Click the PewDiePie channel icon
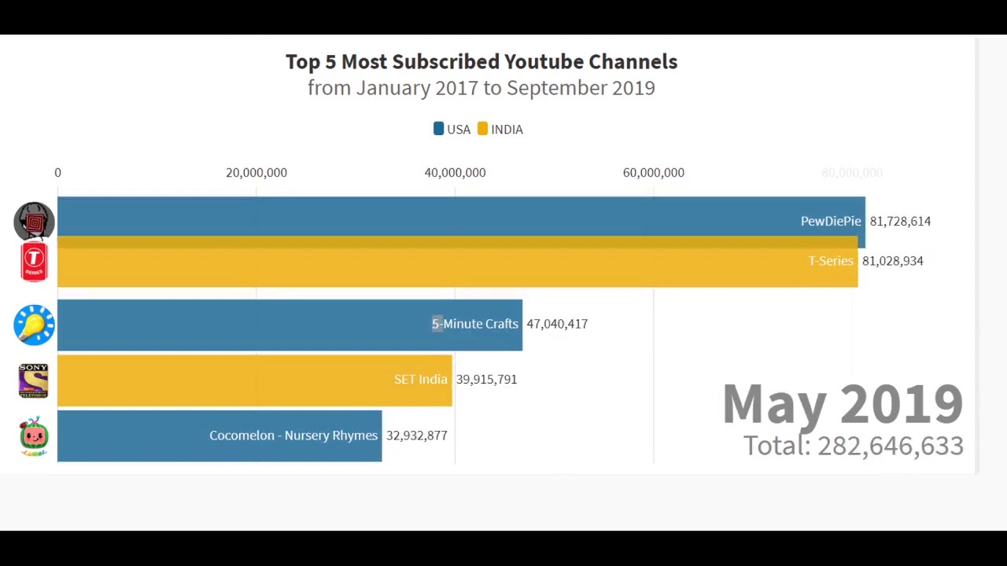[x=34, y=221]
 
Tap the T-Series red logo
[x=34, y=262]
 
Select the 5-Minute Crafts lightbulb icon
[x=34, y=325]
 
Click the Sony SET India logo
[x=34, y=380]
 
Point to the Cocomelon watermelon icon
[x=34, y=436]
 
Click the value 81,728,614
[x=900, y=222]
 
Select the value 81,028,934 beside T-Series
[x=892, y=261]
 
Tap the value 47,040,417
[x=557, y=324]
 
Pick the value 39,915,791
[x=486, y=380]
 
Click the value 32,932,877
[x=416, y=436]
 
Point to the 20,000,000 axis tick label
[x=256, y=173]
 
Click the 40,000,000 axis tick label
[x=455, y=173]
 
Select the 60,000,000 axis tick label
[x=653, y=173]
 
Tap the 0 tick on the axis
[x=57, y=173]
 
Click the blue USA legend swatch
[x=439, y=129]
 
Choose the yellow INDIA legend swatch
[x=482, y=129]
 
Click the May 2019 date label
[x=842, y=404]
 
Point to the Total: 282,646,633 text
[x=853, y=446]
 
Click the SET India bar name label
[x=420, y=380]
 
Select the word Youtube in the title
[x=544, y=62]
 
